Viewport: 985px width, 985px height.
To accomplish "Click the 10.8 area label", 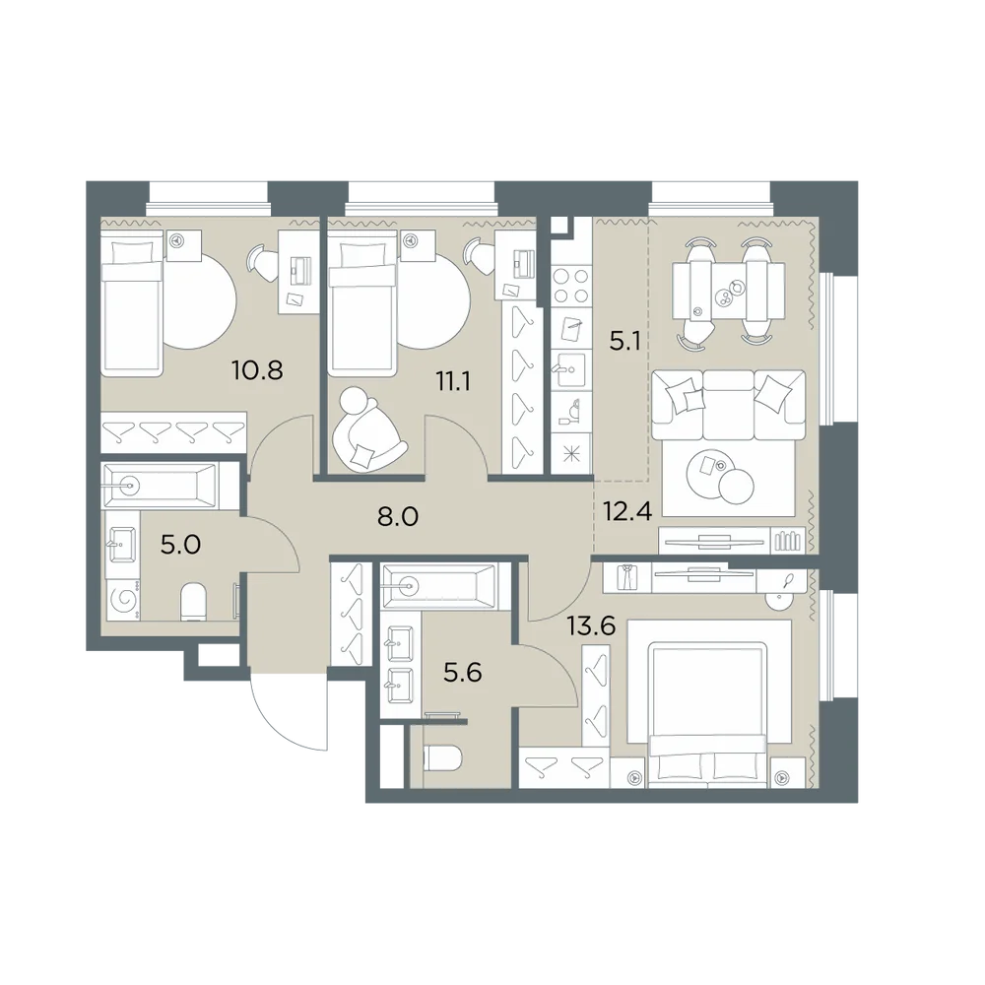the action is coord(257,370).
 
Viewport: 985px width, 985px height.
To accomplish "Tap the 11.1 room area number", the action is coord(453,380).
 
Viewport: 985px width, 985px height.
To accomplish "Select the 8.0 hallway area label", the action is coord(398,517).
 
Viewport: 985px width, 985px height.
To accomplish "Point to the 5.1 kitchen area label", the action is coord(624,342).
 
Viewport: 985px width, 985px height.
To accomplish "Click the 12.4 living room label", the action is coord(627,510).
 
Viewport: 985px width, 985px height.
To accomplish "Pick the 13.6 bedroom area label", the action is coord(591,626).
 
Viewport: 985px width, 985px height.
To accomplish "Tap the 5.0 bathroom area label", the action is coord(180,545).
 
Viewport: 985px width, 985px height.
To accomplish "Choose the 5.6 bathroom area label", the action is coord(462,673).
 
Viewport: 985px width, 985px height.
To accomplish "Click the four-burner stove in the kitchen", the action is coord(571,286).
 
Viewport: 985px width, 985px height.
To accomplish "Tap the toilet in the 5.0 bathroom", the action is coord(193,602).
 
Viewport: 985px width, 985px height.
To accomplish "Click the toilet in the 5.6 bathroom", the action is coord(443,758).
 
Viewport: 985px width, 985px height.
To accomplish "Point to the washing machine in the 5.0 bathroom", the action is coord(124,601).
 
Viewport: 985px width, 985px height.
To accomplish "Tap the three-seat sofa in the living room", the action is coord(729,405).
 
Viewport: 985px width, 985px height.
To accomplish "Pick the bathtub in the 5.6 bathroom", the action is coord(439,586).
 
